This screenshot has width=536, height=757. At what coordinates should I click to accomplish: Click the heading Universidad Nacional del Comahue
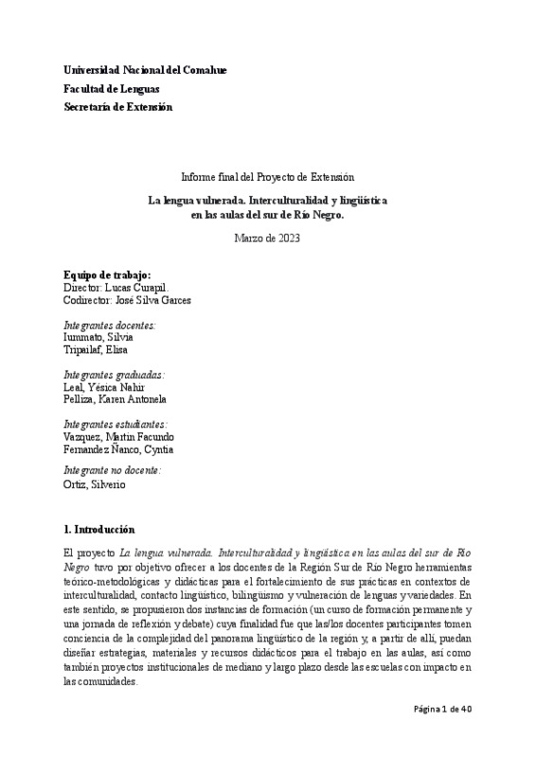[x=145, y=71]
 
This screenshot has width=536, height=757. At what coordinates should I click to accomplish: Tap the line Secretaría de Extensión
[x=117, y=107]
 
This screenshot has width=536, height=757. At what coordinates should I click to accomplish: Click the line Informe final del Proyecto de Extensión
[x=267, y=177]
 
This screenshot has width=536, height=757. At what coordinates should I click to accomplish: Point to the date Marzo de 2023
[x=267, y=238]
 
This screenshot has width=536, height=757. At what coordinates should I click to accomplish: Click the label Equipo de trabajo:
[x=107, y=274]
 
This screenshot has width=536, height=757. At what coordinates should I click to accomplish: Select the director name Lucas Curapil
[x=143, y=287]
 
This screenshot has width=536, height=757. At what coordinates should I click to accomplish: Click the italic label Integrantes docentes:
[x=110, y=325]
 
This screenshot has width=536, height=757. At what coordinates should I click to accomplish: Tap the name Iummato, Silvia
[x=98, y=337]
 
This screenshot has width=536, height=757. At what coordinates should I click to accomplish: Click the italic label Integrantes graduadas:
[x=114, y=375]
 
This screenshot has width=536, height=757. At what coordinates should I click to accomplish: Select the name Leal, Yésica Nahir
[x=106, y=387]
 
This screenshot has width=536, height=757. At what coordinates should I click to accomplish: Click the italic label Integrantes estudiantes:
[x=116, y=424]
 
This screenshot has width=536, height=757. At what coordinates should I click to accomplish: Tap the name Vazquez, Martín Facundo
[x=118, y=436]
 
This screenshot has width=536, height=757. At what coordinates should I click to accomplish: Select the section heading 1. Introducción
[x=98, y=529]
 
